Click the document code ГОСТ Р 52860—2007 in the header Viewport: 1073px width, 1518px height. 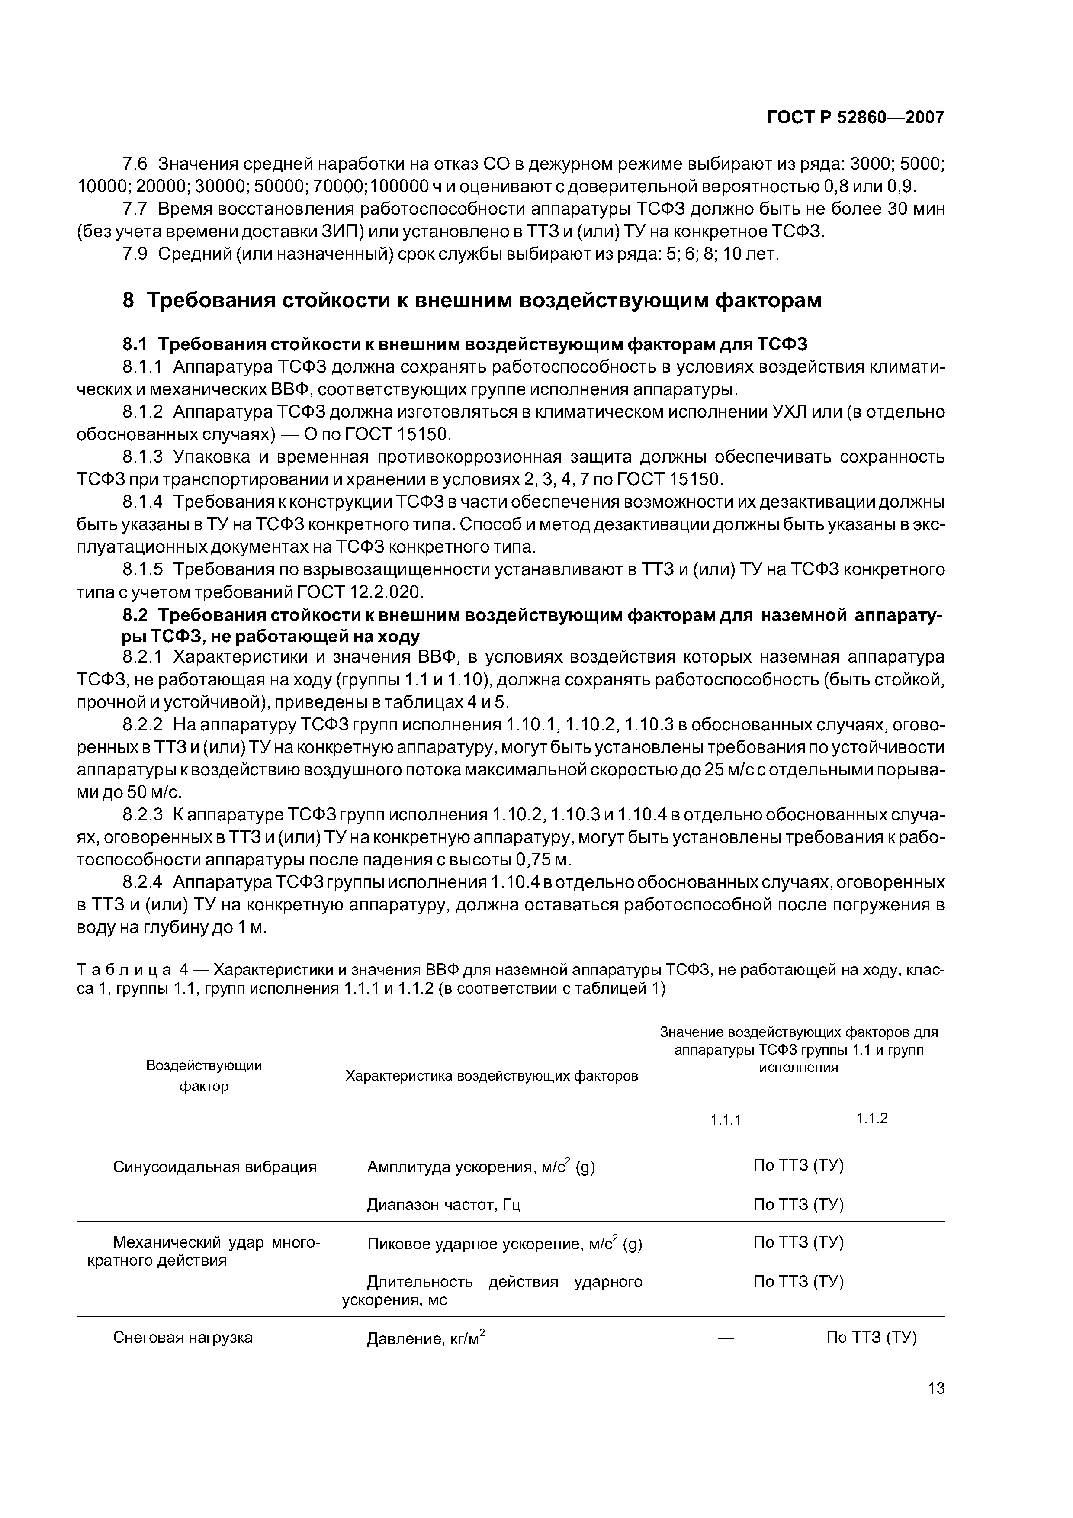(x=855, y=118)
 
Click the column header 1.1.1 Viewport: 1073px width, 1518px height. (x=725, y=1120)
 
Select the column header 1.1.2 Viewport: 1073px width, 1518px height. (x=871, y=1118)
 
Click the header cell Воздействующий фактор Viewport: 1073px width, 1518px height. (x=204, y=1076)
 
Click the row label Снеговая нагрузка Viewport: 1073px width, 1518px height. (x=183, y=1338)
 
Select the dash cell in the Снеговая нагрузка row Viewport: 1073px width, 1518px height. (x=725, y=1338)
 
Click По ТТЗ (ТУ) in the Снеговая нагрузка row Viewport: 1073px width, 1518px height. (x=871, y=1338)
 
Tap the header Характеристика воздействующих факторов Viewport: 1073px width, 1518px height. (x=492, y=1076)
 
